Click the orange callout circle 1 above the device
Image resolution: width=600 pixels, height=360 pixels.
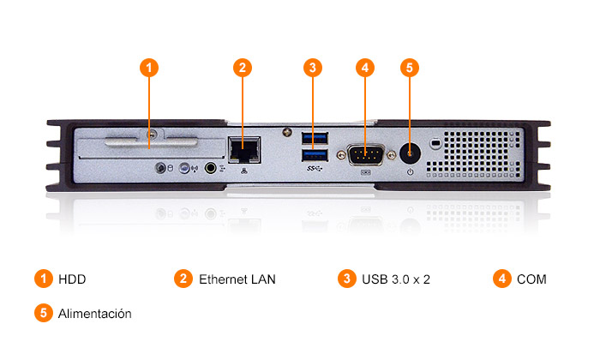tap(150, 67)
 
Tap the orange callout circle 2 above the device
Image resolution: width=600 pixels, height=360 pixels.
tap(243, 67)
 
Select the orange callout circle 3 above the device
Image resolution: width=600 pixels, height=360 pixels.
tap(314, 67)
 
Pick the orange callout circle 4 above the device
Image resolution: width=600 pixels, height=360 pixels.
tap(365, 67)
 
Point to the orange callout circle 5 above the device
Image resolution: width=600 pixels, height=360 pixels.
tap(410, 67)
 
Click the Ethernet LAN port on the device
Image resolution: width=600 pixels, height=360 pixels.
tap(245, 149)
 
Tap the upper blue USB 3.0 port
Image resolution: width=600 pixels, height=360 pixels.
tap(315, 137)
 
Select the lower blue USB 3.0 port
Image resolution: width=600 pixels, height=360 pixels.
tap(315, 155)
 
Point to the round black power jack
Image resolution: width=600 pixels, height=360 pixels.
tap(411, 153)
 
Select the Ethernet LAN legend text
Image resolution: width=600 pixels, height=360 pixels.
tap(237, 279)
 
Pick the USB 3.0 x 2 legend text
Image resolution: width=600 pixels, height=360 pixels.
tap(395, 279)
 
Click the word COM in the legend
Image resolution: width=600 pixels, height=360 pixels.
tap(531, 279)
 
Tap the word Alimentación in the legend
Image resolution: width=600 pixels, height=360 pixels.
tap(94, 314)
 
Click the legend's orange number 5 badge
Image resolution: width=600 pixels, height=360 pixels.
tap(44, 313)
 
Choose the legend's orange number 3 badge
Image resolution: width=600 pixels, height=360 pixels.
tap(346, 279)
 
